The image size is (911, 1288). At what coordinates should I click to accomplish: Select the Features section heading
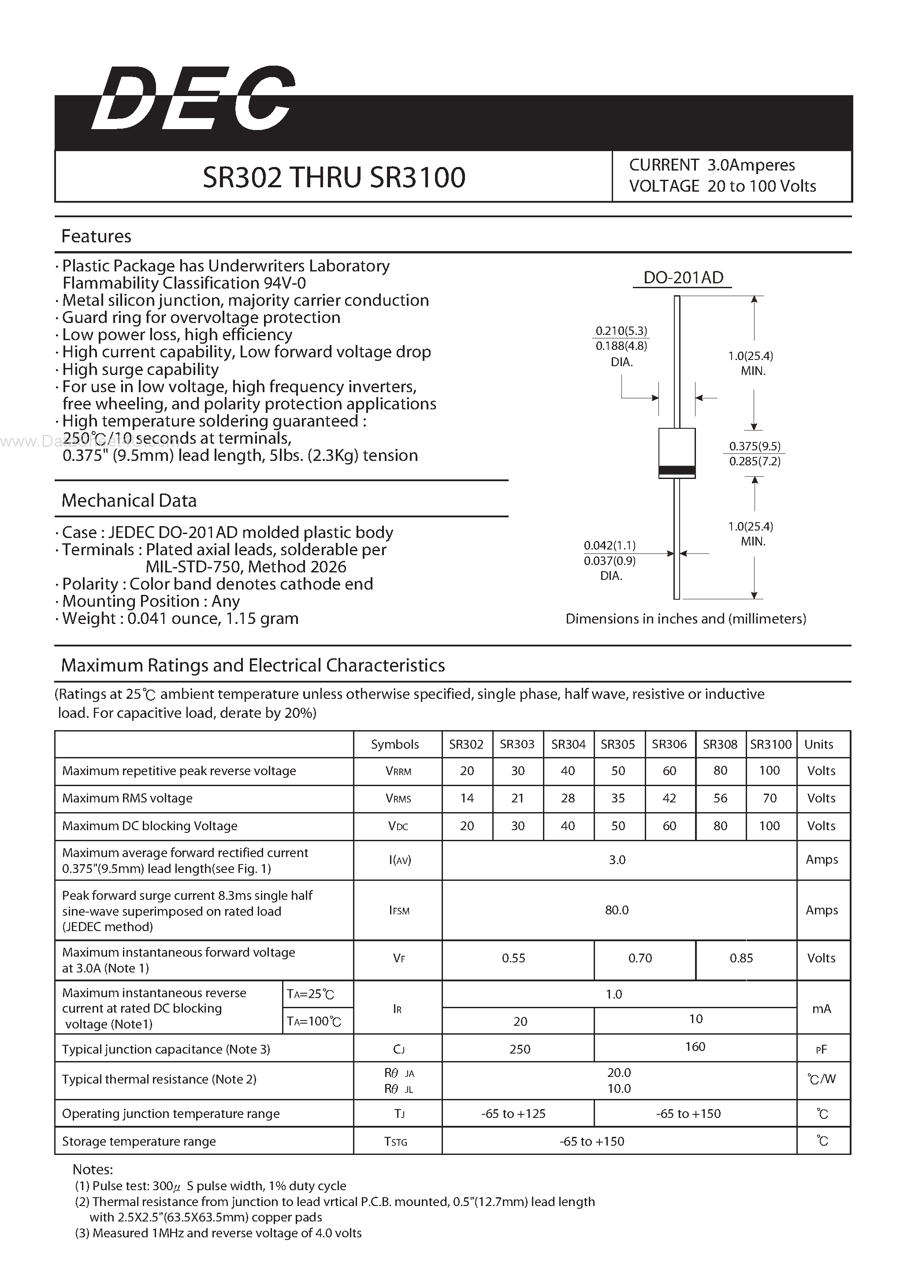point(96,236)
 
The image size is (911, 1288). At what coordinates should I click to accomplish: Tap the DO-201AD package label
point(683,278)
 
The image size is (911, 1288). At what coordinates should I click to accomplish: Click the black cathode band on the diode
point(677,471)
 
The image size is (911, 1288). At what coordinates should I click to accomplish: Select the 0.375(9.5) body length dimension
point(755,446)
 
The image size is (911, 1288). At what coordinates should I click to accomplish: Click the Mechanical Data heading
point(129,501)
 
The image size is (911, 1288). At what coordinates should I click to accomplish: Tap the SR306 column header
point(669,744)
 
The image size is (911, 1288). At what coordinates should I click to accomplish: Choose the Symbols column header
point(395,744)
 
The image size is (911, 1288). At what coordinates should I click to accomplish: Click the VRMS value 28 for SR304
point(568,798)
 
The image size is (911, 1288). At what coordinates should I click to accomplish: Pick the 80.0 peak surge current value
point(617,910)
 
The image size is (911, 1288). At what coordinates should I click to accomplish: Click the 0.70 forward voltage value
point(640,958)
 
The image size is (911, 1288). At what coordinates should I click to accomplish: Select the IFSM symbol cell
point(399,910)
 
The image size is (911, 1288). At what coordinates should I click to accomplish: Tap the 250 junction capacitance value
point(520,1049)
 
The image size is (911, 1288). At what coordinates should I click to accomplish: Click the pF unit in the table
point(822,1050)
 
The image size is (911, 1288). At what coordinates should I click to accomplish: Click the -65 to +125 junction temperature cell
point(513,1114)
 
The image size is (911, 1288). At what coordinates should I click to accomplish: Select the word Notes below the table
point(93,1169)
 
